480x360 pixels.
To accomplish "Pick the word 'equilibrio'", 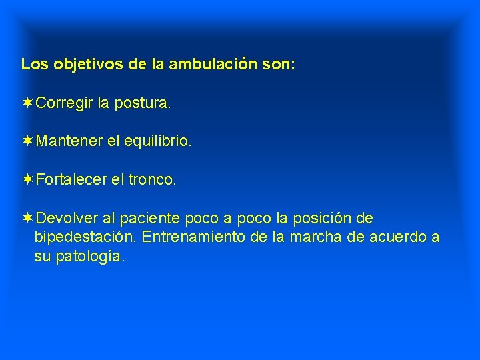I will click(x=157, y=142).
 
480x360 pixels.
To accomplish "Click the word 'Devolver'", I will click(x=67, y=219).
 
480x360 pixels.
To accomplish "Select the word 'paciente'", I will click(x=152, y=219).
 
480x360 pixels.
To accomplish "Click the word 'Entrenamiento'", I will click(x=212, y=238).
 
